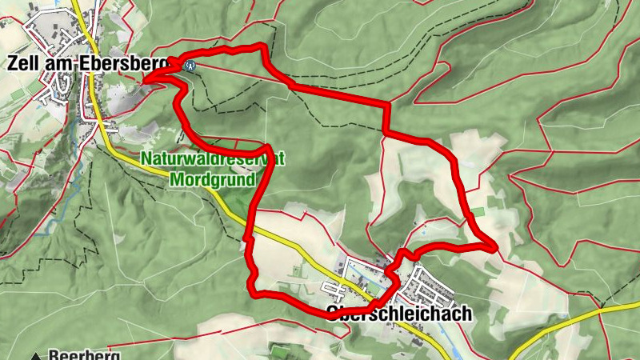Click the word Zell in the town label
(x=26, y=63)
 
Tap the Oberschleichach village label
(x=399, y=314)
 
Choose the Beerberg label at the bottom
(x=84, y=354)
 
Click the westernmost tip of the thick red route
(x=145, y=79)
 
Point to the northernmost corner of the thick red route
(x=262, y=47)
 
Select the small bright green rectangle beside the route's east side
(x=478, y=211)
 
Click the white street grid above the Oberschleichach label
(x=424, y=285)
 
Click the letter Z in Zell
(x=14, y=63)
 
